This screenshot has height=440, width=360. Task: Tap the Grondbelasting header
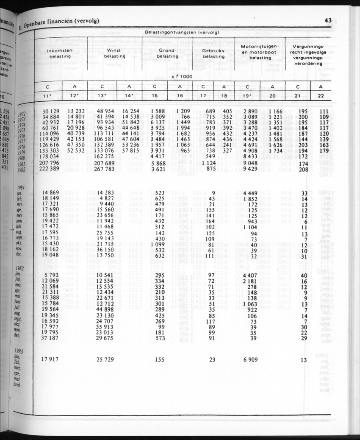click(167, 53)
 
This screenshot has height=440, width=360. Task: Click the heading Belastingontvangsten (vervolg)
click(182, 32)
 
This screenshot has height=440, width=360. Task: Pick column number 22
click(321, 96)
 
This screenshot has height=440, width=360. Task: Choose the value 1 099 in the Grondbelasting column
click(157, 245)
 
